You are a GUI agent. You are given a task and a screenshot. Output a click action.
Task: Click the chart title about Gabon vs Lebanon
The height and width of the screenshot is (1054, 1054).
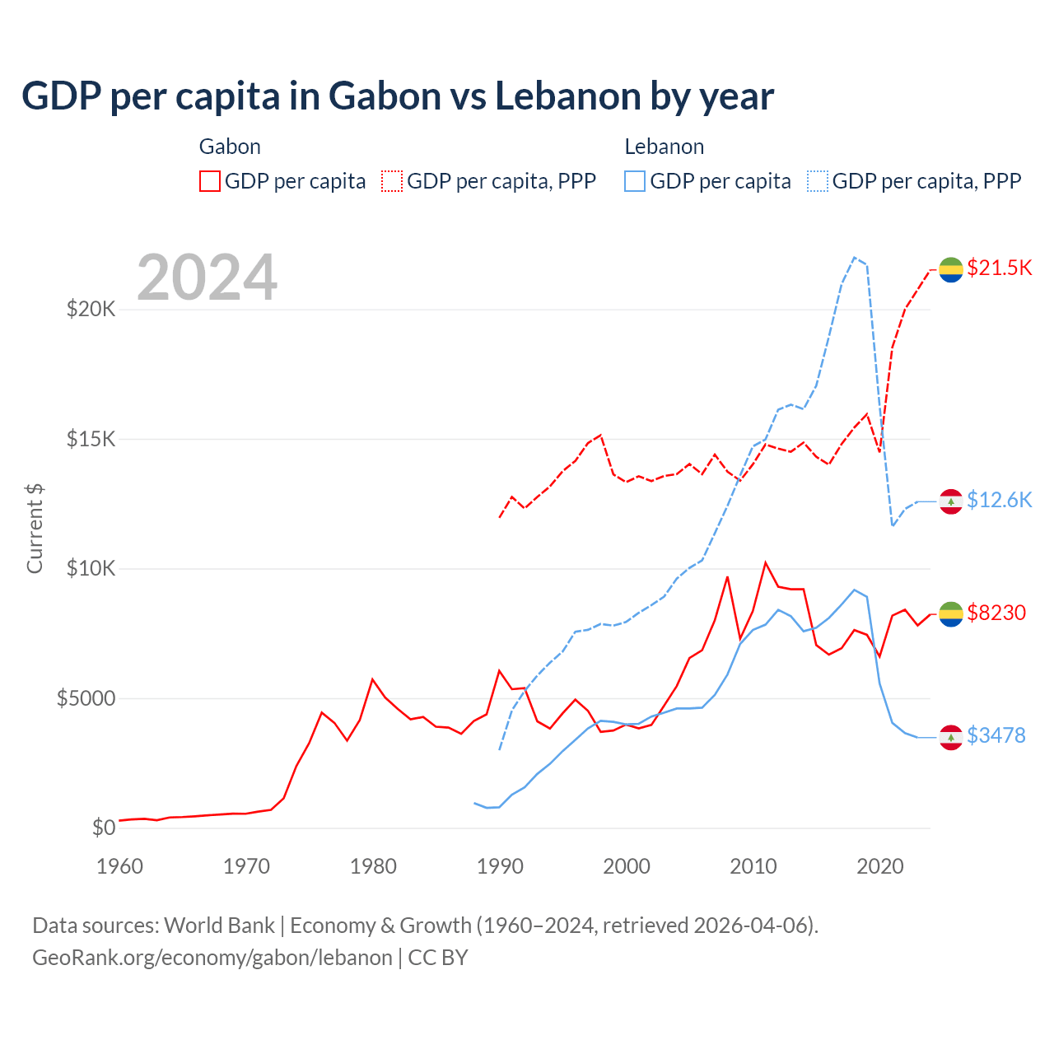click(397, 96)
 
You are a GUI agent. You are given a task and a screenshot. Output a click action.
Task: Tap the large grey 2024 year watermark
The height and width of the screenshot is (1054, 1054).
click(207, 277)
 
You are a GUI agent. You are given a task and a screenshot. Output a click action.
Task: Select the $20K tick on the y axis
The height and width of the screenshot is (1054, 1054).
click(91, 310)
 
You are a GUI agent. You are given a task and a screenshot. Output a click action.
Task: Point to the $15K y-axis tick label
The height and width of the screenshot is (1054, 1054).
click(91, 439)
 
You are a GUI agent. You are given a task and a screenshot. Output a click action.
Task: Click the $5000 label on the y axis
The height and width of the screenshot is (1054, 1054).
click(86, 698)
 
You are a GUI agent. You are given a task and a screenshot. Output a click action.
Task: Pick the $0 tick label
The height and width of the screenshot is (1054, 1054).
click(103, 828)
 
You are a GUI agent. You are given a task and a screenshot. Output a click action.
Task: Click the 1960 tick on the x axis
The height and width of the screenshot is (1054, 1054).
click(120, 866)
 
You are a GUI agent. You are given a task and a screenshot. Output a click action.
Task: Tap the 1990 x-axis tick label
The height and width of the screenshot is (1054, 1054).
click(500, 866)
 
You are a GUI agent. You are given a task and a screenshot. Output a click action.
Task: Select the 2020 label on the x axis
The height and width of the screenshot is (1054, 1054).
click(880, 866)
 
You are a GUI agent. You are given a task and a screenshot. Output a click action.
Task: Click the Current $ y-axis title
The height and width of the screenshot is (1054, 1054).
click(35, 529)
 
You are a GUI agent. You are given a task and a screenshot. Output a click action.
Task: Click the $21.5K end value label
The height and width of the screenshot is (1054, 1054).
click(999, 268)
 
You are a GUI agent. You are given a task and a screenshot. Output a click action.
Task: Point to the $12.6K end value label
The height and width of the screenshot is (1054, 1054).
click(999, 501)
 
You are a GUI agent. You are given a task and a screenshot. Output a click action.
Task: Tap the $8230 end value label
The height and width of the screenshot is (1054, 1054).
click(996, 613)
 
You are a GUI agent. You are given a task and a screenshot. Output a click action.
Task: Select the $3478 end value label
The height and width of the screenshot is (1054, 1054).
click(996, 735)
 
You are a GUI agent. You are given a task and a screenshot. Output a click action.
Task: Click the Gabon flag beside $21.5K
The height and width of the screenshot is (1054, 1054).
click(951, 269)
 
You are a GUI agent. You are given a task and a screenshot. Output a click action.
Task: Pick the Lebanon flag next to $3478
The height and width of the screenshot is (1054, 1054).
click(951, 738)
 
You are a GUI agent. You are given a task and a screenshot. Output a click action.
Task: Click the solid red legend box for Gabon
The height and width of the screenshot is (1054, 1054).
click(210, 181)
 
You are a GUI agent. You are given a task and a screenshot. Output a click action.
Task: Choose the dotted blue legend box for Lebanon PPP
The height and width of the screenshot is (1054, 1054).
click(818, 181)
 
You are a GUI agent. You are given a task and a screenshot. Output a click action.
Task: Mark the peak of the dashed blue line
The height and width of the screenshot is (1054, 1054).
click(854, 257)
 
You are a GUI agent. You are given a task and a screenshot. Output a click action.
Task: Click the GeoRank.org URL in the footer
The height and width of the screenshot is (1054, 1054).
click(212, 958)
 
